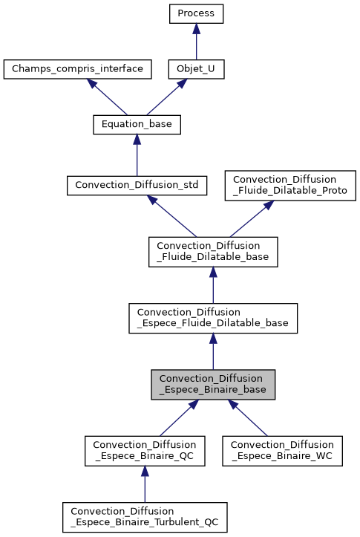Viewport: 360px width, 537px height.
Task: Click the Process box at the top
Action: [x=196, y=13]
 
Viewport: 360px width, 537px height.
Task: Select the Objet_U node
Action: [x=196, y=69]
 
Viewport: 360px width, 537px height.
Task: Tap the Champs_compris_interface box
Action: [x=78, y=69]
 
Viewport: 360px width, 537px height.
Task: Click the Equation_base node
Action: [x=137, y=125]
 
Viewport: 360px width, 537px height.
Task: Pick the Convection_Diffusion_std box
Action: [x=137, y=185]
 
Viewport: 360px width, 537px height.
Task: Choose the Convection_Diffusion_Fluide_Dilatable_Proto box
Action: [x=290, y=185]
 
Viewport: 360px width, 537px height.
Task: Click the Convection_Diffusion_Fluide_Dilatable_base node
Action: [x=213, y=252]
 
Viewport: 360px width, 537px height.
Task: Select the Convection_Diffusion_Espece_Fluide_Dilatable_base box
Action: [x=213, y=318]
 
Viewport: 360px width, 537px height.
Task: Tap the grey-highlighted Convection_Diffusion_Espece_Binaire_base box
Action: [x=213, y=385]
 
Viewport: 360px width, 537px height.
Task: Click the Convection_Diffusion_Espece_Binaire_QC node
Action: [x=145, y=451]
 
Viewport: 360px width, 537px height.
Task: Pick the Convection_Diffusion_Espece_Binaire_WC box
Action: [x=282, y=451]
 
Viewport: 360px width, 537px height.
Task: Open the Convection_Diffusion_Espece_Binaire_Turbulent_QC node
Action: [x=145, y=517]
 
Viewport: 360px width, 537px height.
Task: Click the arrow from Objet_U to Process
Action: [x=196, y=42]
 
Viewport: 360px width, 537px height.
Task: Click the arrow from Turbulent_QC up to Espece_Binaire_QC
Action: [x=145, y=484]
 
